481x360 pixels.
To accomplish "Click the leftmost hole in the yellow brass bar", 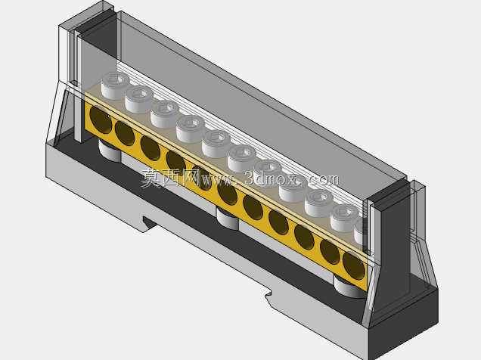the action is [101, 120].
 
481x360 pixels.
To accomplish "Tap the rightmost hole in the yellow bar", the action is [354, 265].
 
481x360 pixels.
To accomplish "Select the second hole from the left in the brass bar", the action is [125, 133].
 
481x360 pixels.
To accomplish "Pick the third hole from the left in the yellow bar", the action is [151, 148].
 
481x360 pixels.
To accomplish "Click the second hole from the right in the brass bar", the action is [330, 251].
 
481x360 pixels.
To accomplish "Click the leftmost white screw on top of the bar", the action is [116, 85].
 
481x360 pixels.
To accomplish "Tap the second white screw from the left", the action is [140, 99].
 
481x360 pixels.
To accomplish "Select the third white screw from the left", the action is [165, 114].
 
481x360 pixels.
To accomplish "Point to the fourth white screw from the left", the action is [191, 129].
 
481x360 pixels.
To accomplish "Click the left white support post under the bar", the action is [110, 151].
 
